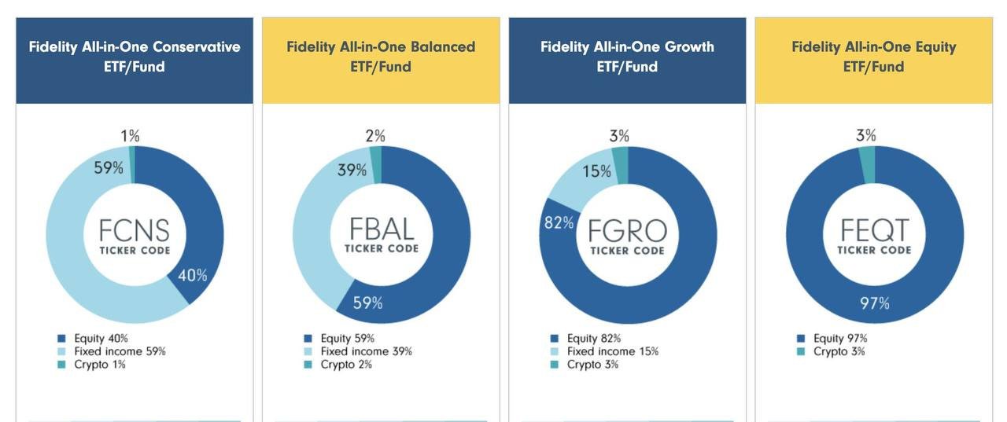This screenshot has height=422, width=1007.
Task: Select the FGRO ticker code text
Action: pos(628,231)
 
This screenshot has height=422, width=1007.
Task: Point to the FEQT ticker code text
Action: pos(874,230)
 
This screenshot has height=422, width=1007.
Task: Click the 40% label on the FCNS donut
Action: pos(193,276)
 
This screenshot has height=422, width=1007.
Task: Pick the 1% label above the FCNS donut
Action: pos(130,136)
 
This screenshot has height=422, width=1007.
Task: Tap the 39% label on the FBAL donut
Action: pos(352,170)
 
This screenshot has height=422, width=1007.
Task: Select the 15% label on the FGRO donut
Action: pos(596,171)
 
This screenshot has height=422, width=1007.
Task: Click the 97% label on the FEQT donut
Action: pos(874,303)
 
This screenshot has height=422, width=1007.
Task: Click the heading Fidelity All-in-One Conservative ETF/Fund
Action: pos(135,57)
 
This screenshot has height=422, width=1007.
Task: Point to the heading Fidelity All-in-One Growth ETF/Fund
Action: pos(627,57)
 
